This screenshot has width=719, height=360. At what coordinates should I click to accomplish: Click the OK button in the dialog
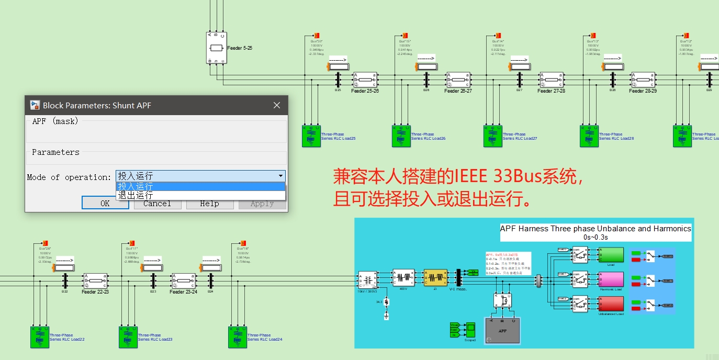point(105,203)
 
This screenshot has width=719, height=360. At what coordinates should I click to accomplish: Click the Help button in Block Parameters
point(209,203)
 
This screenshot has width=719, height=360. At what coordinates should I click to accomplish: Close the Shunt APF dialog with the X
point(277,105)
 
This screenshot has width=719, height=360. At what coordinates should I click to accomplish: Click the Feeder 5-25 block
point(216,48)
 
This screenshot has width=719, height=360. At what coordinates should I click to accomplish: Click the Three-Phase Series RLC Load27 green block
point(492,136)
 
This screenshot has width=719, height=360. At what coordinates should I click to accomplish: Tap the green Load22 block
point(39,337)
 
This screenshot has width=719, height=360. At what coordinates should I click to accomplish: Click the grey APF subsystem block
point(502,330)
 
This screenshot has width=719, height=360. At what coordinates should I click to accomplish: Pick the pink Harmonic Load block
point(611,279)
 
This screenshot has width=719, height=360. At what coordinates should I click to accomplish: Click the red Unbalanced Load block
point(611,303)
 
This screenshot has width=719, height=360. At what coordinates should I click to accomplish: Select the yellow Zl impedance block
point(435,277)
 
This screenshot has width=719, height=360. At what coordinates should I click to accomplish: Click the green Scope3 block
point(471,330)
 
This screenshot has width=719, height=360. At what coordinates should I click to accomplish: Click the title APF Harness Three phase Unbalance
point(595,229)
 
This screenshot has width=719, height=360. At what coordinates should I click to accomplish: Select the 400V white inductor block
point(403,277)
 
